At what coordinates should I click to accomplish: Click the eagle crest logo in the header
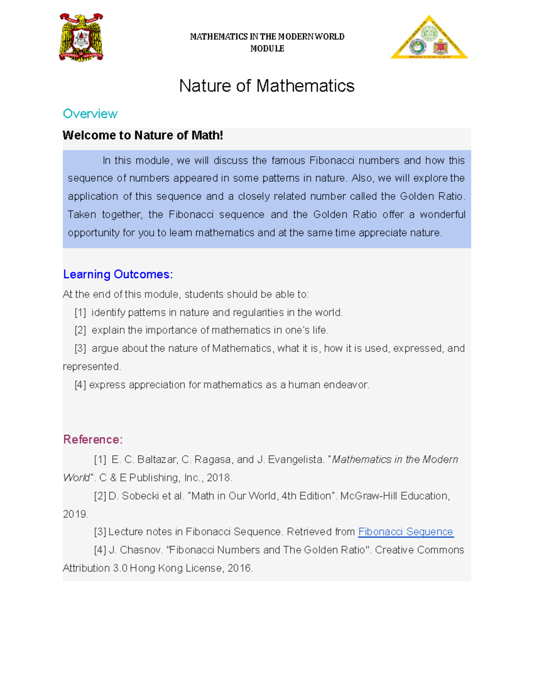click(81, 37)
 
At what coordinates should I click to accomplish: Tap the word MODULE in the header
click(267, 48)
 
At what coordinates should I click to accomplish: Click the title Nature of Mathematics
click(267, 86)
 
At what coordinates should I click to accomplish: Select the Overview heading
click(90, 114)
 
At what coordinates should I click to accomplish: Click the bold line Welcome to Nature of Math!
click(142, 135)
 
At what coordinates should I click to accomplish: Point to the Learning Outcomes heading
click(118, 274)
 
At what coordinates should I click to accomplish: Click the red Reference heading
click(93, 440)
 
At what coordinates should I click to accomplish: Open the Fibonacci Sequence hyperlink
click(405, 532)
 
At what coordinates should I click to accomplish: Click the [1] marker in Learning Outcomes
click(80, 313)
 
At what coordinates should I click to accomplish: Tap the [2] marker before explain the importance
click(80, 331)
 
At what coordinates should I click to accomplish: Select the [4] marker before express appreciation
click(80, 385)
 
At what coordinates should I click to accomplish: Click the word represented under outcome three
click(91, 367)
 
